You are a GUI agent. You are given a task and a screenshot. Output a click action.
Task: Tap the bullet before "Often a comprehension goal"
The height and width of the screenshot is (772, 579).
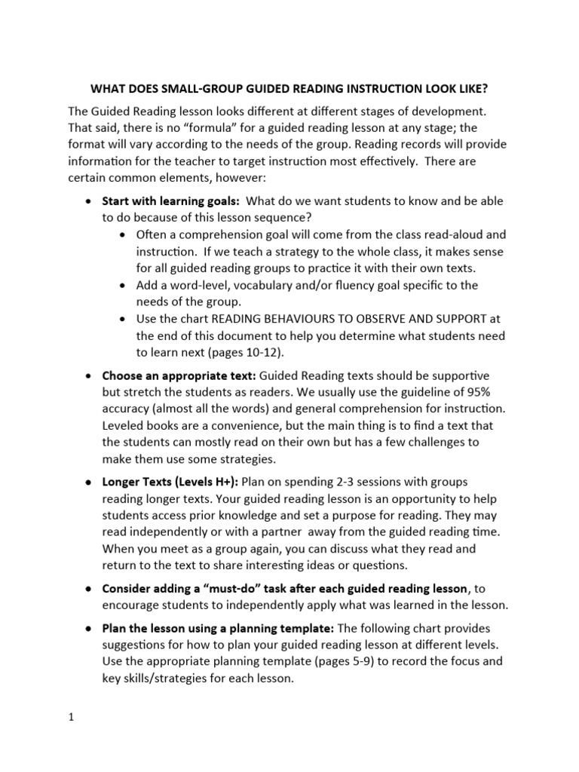(x=124, y=234)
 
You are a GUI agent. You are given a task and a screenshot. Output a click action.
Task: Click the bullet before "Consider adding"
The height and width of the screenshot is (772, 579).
(x=89, y=587)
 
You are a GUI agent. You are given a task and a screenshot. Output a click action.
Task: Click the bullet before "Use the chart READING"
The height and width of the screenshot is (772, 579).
(x=124, y=319)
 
